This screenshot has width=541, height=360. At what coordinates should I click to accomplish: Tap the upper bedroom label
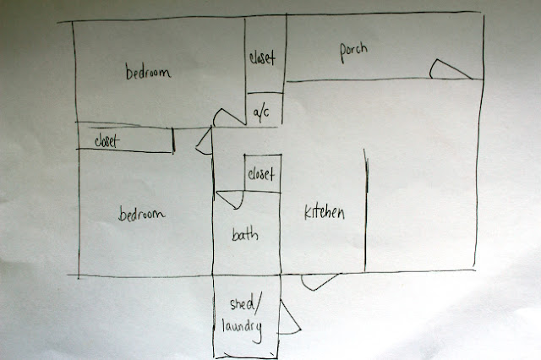pos(149,74)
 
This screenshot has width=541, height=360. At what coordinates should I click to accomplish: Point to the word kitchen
pos(324,213)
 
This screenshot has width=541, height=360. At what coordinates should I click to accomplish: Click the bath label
pos(244,236)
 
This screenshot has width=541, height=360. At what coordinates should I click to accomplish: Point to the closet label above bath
pos(261,175)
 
